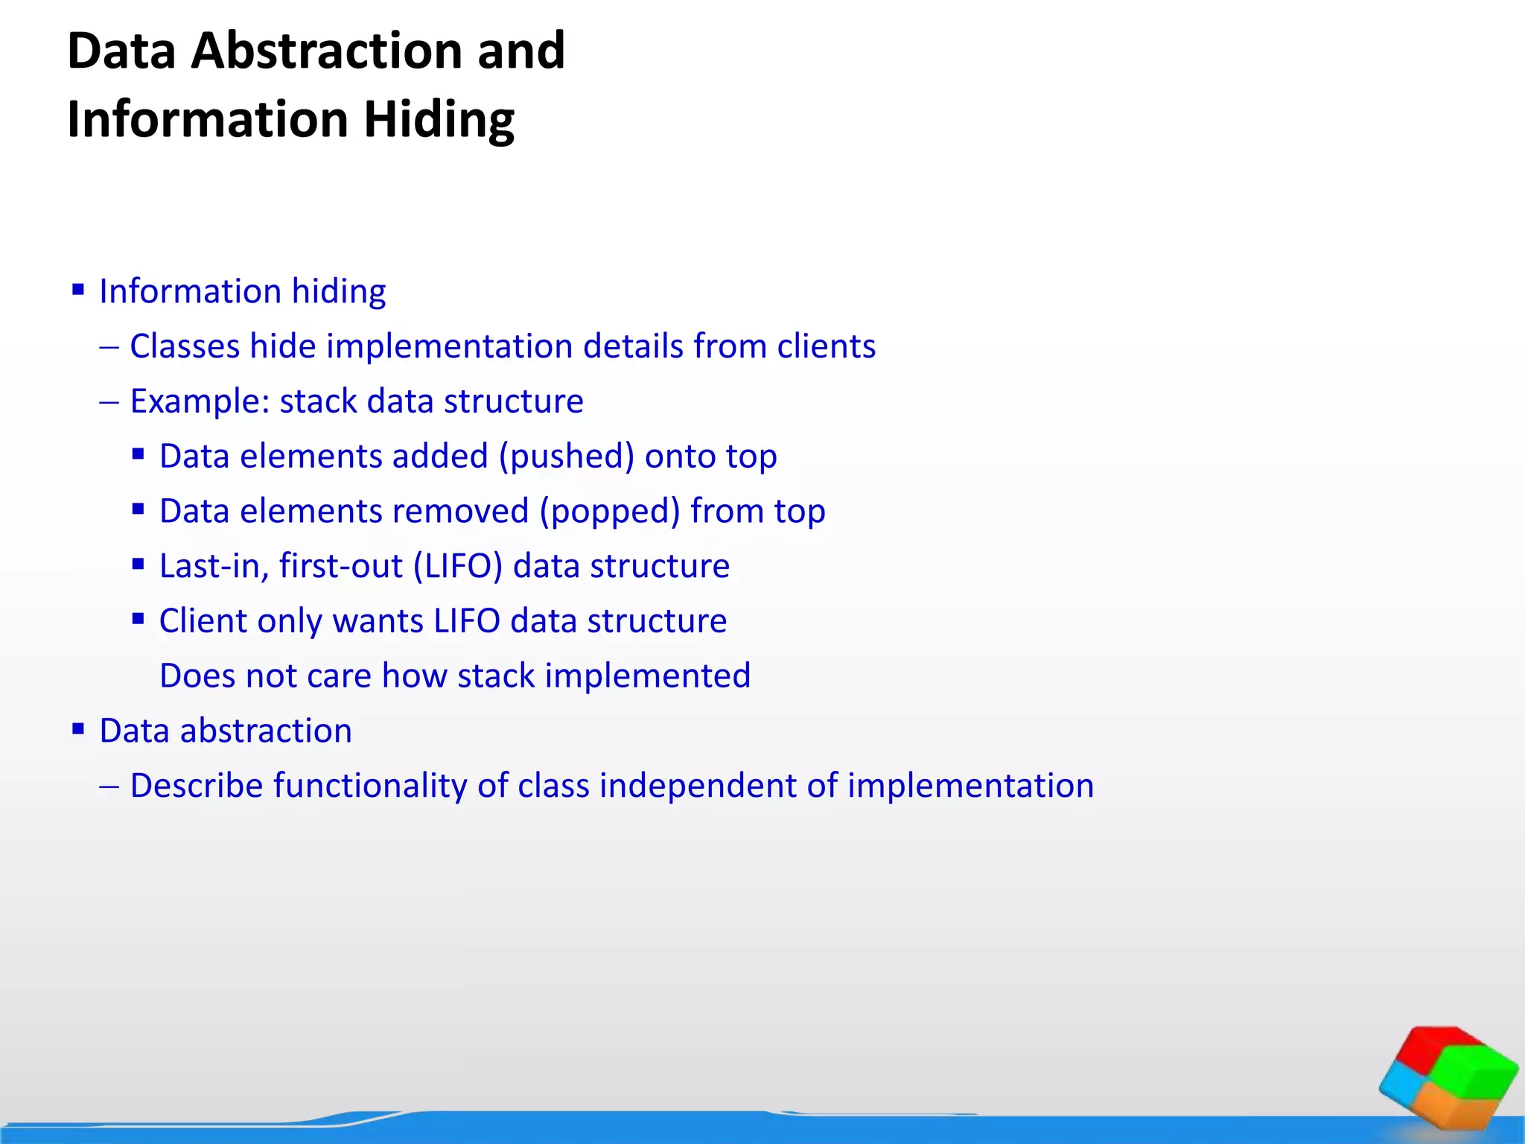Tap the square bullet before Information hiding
[x=78, y=289]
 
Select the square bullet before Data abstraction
[x=78, y=728]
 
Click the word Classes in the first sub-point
[x=185, y=346]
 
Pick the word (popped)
[x=609, y=512]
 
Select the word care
[x=339, y=676]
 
